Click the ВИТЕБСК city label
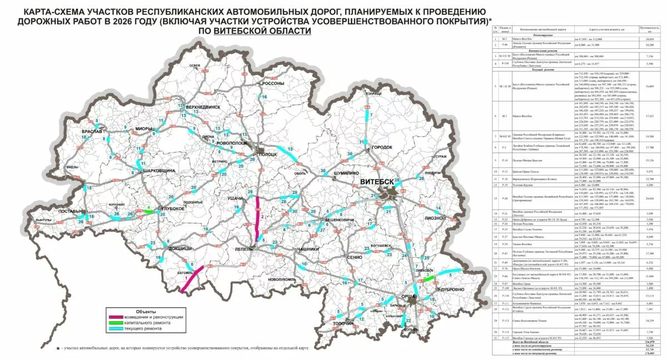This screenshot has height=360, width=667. [x=381, y=182]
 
